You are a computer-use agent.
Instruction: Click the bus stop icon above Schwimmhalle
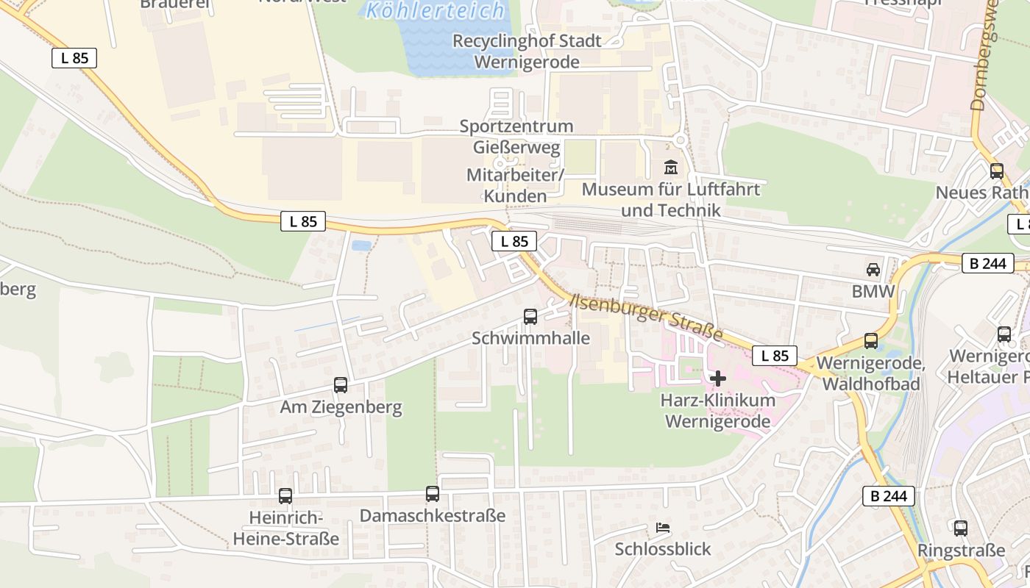(530, 317)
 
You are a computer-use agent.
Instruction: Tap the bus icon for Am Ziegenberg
(341, 384)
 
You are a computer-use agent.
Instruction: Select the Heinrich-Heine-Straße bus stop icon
(285, 496)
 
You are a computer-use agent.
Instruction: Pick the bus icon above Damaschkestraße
(433, 494)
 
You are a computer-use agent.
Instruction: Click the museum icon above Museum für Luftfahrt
(670, 168)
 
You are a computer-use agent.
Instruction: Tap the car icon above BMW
(873, 270)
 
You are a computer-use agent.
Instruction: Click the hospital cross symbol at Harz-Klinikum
(718, 379)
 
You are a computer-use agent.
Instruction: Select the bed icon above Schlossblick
(662, 528)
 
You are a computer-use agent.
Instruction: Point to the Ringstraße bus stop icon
(960, 528)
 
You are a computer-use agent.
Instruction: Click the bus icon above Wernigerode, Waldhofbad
(871, 341)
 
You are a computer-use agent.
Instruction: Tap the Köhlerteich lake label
(436, 11)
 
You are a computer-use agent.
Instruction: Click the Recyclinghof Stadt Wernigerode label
(527, 51)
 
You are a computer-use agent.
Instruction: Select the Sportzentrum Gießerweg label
(516, 137)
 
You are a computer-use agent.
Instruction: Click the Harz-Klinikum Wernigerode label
(718, 411)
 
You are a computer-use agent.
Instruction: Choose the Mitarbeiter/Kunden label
(515, 186)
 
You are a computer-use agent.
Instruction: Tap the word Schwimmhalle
(530, 338)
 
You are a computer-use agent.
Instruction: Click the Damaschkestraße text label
(433, 516)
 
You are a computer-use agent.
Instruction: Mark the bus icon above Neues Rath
(997, 171)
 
